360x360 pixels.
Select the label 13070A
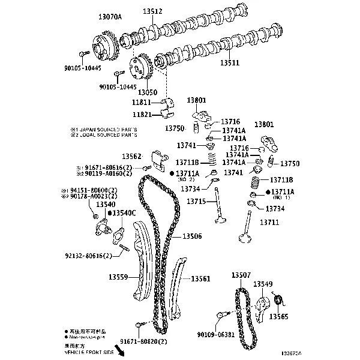tap(110, 18)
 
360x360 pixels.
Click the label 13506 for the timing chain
tap(191, 236)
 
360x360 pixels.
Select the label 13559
tap(118, 277)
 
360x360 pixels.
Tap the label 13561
tap(200, 279)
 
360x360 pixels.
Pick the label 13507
tap(241, 275)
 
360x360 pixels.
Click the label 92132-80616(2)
tap(89, 256)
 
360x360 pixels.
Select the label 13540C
tap(125, 213)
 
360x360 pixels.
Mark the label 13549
tap(263, 284)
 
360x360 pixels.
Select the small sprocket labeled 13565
tap(278, 299)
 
